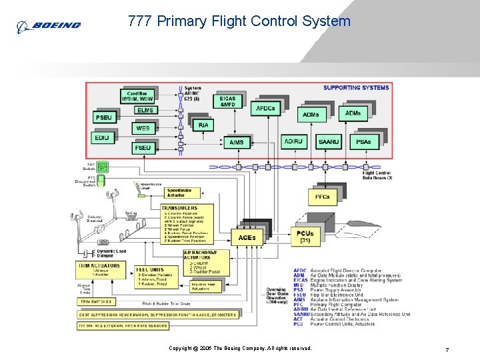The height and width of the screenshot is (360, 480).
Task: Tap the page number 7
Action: (446, 349)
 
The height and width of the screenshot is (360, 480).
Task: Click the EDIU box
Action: (102, 137)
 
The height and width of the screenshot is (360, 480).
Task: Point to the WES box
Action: (143, 128)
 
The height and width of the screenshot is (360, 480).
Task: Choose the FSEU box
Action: (143, 147)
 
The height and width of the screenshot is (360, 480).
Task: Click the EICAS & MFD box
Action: (227, 101)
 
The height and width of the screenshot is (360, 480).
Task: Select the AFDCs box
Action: (265, 108)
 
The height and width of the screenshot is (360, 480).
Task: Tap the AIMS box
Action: (236, 142)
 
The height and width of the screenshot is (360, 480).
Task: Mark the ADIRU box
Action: (292, 142)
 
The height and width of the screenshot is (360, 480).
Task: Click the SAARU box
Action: (328, 142)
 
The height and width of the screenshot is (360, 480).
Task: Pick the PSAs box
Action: (363, 142)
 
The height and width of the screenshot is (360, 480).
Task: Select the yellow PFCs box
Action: (322, 197)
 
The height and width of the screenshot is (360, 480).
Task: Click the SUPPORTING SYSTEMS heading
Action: (355, 87)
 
